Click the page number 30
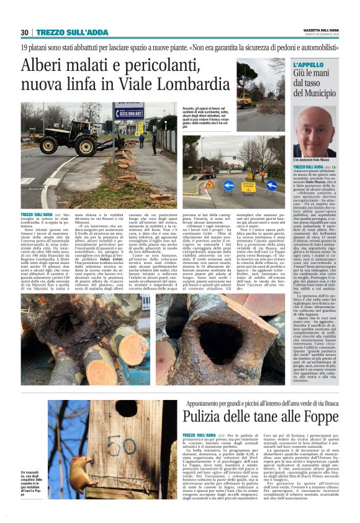[x=25, y=32]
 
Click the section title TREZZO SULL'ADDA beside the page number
[x=64, y=32]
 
